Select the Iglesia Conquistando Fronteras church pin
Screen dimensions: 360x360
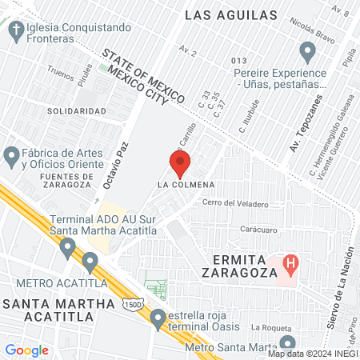[x=15, y=31]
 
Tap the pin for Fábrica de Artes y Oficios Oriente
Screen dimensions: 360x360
[x=11, y=155]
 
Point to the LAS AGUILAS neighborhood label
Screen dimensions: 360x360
[x=230, y=14]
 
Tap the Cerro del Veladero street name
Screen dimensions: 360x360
[x=236, y=203]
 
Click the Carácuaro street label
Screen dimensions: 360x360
[x=259, y=229]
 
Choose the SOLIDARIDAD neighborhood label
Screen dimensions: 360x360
[x=76, y=110]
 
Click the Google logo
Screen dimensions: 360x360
[x=26, y=350]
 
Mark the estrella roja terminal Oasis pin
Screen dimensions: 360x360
[x=158, y=318]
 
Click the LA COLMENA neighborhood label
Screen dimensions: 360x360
[x=184, y=186]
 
